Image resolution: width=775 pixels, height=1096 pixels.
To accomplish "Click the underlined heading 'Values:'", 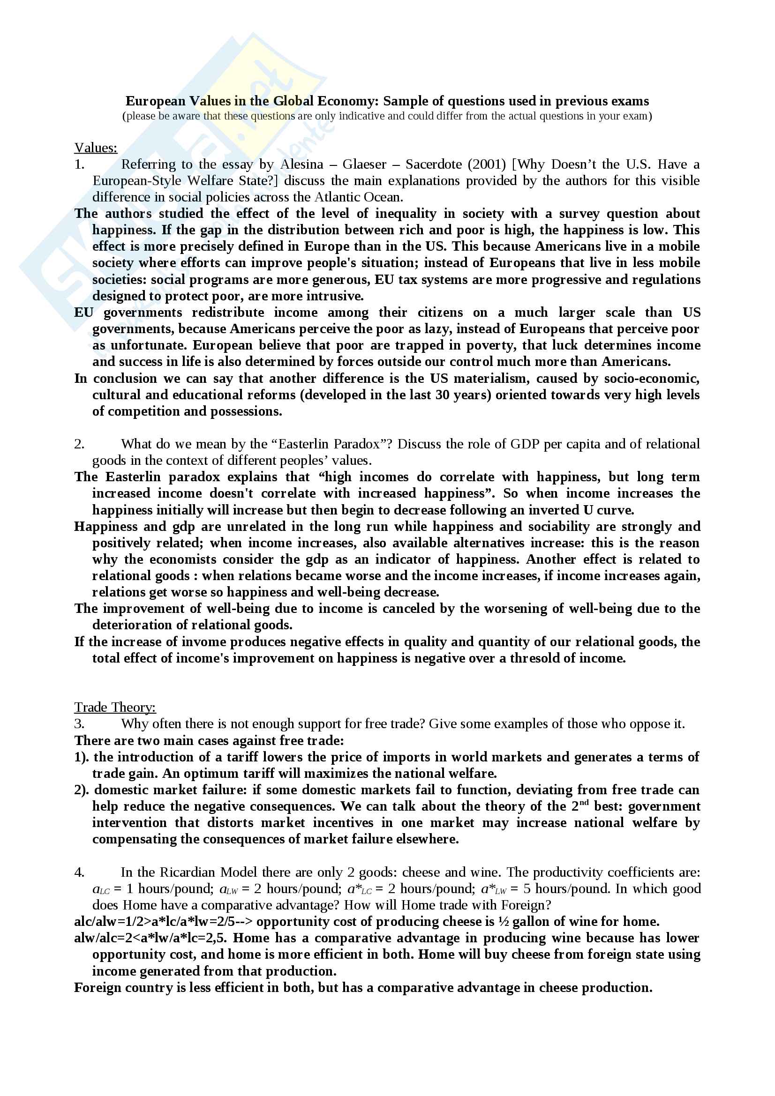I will pyautogui.click(x=96, y=148).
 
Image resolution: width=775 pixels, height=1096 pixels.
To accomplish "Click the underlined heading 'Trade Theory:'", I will pyautogui.click(x=114, y=708).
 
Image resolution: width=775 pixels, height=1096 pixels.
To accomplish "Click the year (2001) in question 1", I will pyautogui.click(x=487, y=164).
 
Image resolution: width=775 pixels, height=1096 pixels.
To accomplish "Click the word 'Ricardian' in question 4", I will pyautogui.click(x=208, y=872).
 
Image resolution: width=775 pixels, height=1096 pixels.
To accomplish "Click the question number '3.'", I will pyautogui.click(x=79, y=724).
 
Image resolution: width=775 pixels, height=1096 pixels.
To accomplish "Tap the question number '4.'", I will pyautogui.click(x=79, y=872).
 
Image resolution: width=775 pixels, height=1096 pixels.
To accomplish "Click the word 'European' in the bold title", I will pyautogui.click(x=156, y=101).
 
